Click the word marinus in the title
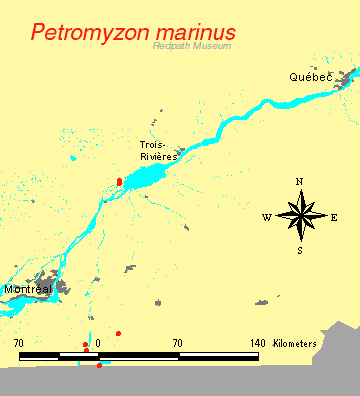coord(193,32)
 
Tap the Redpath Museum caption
coord(192,46)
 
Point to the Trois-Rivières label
coord(158,151)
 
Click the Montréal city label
coord(28,289)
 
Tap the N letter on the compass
coord(300,181)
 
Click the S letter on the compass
coord(300,250)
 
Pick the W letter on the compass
coord(267,217)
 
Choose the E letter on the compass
coord(334,217)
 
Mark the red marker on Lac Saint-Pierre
coord(119,182)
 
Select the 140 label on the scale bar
coord(257,344)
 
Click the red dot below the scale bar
coord(99,365)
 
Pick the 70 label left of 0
coord(19,344)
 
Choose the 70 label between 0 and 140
coord(177,344)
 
